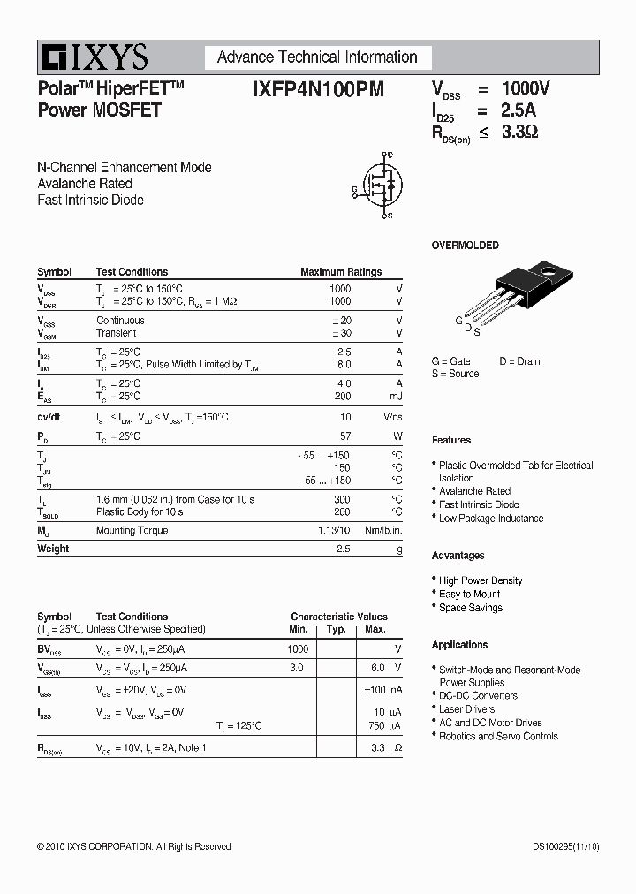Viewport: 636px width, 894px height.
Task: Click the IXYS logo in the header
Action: coord(93,57)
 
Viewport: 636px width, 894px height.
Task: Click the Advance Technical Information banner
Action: coord(317,57)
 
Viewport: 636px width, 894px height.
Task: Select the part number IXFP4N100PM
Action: coord(318,89)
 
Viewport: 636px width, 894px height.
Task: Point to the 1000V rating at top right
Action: coord(525,89)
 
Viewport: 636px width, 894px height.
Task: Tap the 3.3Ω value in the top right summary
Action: coord(519,133)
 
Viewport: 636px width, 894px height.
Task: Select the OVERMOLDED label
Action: coord(465,246)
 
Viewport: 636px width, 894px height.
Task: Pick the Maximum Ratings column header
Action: coord(341,272)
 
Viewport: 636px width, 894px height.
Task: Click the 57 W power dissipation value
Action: coord(345,436)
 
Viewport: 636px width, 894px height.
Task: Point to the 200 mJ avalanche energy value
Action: coord(343,397)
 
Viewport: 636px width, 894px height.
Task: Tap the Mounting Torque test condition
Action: coord(132,530)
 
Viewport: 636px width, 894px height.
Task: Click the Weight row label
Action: coord(53,549)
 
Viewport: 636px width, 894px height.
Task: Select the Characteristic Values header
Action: coord(339,617)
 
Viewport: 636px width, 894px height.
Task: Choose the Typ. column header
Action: coord(336,629)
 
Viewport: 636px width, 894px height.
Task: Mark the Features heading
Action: coord(450,440)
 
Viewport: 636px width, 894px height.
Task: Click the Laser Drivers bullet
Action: coord(466,709)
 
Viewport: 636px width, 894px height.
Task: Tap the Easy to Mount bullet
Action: coord(469,594)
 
